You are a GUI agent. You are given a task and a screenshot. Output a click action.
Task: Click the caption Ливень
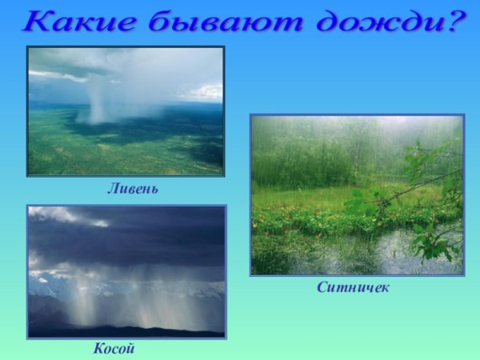coord(133,190)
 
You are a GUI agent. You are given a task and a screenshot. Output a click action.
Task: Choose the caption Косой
coord(114,349)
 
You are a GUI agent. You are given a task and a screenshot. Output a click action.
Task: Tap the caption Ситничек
coord(352,287)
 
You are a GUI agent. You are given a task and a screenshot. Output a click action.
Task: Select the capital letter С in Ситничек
coord(320,287)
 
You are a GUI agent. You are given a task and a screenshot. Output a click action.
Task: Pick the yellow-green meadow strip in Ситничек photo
coord(320,196)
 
